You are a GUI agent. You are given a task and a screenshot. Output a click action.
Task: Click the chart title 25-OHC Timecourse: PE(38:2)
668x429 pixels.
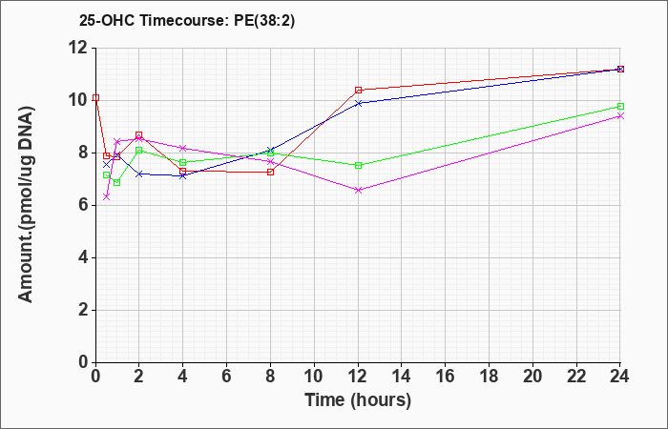[x=187, y=21]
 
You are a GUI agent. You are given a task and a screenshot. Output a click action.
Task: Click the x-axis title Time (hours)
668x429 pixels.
[x=358, y=400]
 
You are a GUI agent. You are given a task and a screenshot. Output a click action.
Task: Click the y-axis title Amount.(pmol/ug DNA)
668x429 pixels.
[x=27, y=205]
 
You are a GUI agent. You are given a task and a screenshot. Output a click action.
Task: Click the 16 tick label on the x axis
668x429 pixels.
[x=446, y=377]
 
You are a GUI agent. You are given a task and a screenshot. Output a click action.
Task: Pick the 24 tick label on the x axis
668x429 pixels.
[x=620, y=377]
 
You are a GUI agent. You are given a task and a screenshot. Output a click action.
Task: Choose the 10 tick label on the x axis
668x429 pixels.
[x=314, y=377]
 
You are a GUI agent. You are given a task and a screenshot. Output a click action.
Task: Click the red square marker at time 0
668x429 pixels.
[x=95, y=98]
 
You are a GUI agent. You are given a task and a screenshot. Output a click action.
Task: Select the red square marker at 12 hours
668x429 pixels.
[x=358, y=90]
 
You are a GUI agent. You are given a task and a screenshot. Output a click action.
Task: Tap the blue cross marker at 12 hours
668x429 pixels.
[x=358, y=103]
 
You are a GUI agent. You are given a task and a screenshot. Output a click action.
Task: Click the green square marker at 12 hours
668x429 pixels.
[x=358, y=165]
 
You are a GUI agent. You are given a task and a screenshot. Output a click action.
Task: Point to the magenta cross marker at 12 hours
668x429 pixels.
[x=358, y=191]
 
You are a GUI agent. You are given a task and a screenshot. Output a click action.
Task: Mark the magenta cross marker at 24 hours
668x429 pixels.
[x=620, y=115]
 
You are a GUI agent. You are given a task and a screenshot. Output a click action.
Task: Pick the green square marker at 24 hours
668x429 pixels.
[x=620, y=107]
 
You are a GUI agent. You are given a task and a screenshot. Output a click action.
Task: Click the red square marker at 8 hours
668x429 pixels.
[x=270, y=172]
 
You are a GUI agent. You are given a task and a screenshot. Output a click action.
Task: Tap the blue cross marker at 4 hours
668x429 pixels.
[x=183, y=175]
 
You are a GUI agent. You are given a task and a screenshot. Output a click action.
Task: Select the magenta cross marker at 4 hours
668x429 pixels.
[x=183, y=148]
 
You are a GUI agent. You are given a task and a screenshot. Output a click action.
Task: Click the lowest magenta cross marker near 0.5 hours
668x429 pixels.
[x=107, y=196]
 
